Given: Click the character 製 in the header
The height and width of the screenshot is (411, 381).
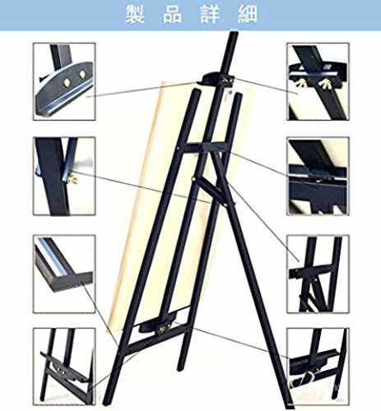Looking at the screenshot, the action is (135, 14).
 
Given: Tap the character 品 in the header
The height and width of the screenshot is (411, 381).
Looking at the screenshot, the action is (173, 14).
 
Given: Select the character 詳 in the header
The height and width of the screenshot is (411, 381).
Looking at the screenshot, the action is (210, 14).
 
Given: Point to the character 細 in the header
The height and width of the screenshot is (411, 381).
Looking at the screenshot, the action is (248, 14).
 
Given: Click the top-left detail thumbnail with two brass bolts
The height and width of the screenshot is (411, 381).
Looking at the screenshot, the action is (64, 81).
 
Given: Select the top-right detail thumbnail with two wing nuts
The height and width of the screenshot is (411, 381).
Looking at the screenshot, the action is (318, 81).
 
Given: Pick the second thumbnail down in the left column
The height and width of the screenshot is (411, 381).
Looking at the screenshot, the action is (64, 176).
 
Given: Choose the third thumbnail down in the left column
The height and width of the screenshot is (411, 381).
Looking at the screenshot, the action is (64, 274).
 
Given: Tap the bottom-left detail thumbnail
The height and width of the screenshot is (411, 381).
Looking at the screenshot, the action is (64, 367).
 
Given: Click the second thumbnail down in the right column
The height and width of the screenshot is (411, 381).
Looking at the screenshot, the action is (318, 176).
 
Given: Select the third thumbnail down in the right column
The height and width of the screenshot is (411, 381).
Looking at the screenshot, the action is (318, 274).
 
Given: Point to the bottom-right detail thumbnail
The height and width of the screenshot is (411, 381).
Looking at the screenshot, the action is (318, 367).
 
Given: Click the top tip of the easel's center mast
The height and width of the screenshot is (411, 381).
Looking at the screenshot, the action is (234, 32).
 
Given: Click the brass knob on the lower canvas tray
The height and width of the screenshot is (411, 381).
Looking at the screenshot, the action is (164, 330).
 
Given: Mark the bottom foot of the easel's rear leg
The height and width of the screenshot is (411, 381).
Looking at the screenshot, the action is (289, 404).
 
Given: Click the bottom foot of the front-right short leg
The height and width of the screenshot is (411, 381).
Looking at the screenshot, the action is (180, 367).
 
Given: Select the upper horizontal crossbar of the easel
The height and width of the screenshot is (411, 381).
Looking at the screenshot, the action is (204, 147).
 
